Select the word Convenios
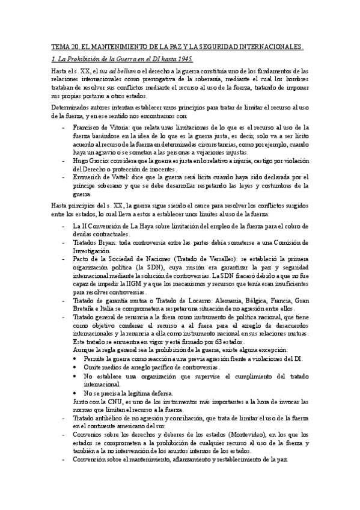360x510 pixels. pyautogui.click(x=89, y=434)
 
